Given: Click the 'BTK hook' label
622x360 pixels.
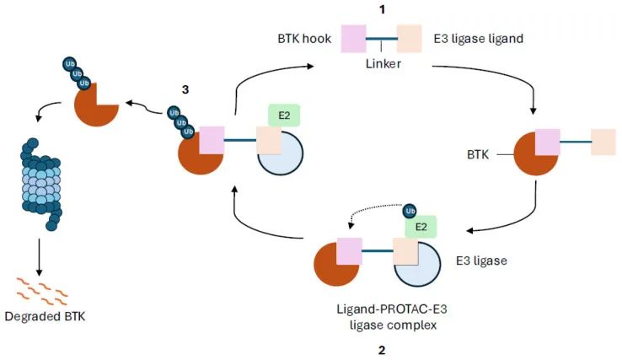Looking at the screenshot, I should (302, 39).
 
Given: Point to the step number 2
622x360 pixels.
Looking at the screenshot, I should (382, 349).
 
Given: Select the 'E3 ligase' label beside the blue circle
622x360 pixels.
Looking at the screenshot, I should (478, 261).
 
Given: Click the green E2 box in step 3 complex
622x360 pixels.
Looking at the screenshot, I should (284, 116).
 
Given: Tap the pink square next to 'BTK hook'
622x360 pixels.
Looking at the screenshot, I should (354, 39).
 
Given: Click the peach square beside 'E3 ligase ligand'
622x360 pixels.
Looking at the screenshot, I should (409, 39).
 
